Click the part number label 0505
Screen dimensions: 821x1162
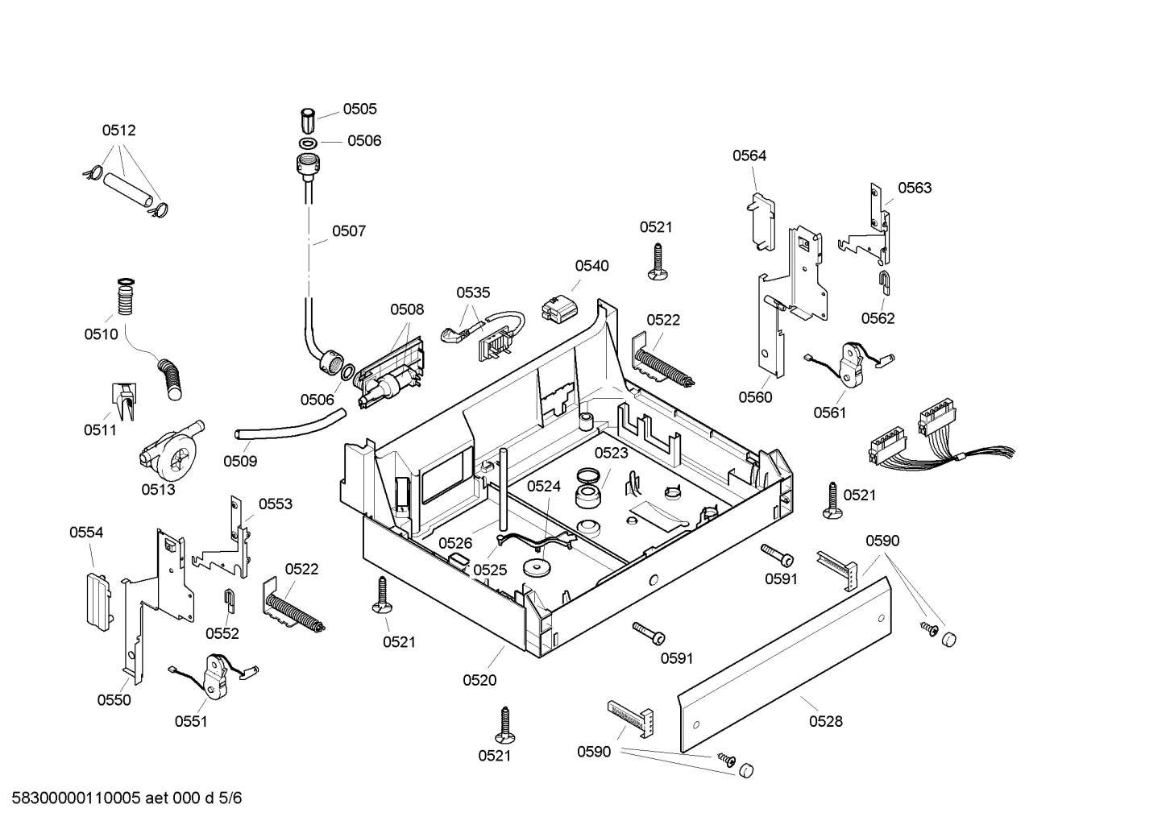pos(359,109)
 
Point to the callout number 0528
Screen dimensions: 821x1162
pos(825,721)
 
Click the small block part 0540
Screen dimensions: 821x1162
pos(557,307)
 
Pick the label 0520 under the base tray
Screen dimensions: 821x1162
pos(479,680)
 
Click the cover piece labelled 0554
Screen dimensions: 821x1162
pos(97,598)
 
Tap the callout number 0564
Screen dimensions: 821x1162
pos(749,155)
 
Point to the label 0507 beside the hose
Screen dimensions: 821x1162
pos(349,231)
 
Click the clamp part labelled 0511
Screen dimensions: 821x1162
pos(123,400)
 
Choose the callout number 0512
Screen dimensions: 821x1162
pos(118,130)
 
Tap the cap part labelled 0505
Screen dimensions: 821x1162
pos(308,121)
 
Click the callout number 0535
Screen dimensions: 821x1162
pos(473,292)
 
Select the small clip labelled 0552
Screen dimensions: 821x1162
pos(229,600)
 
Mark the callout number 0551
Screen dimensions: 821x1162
pos(191,721)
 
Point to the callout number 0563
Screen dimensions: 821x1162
pos(915,188)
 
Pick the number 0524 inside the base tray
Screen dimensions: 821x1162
pos(544,486)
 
